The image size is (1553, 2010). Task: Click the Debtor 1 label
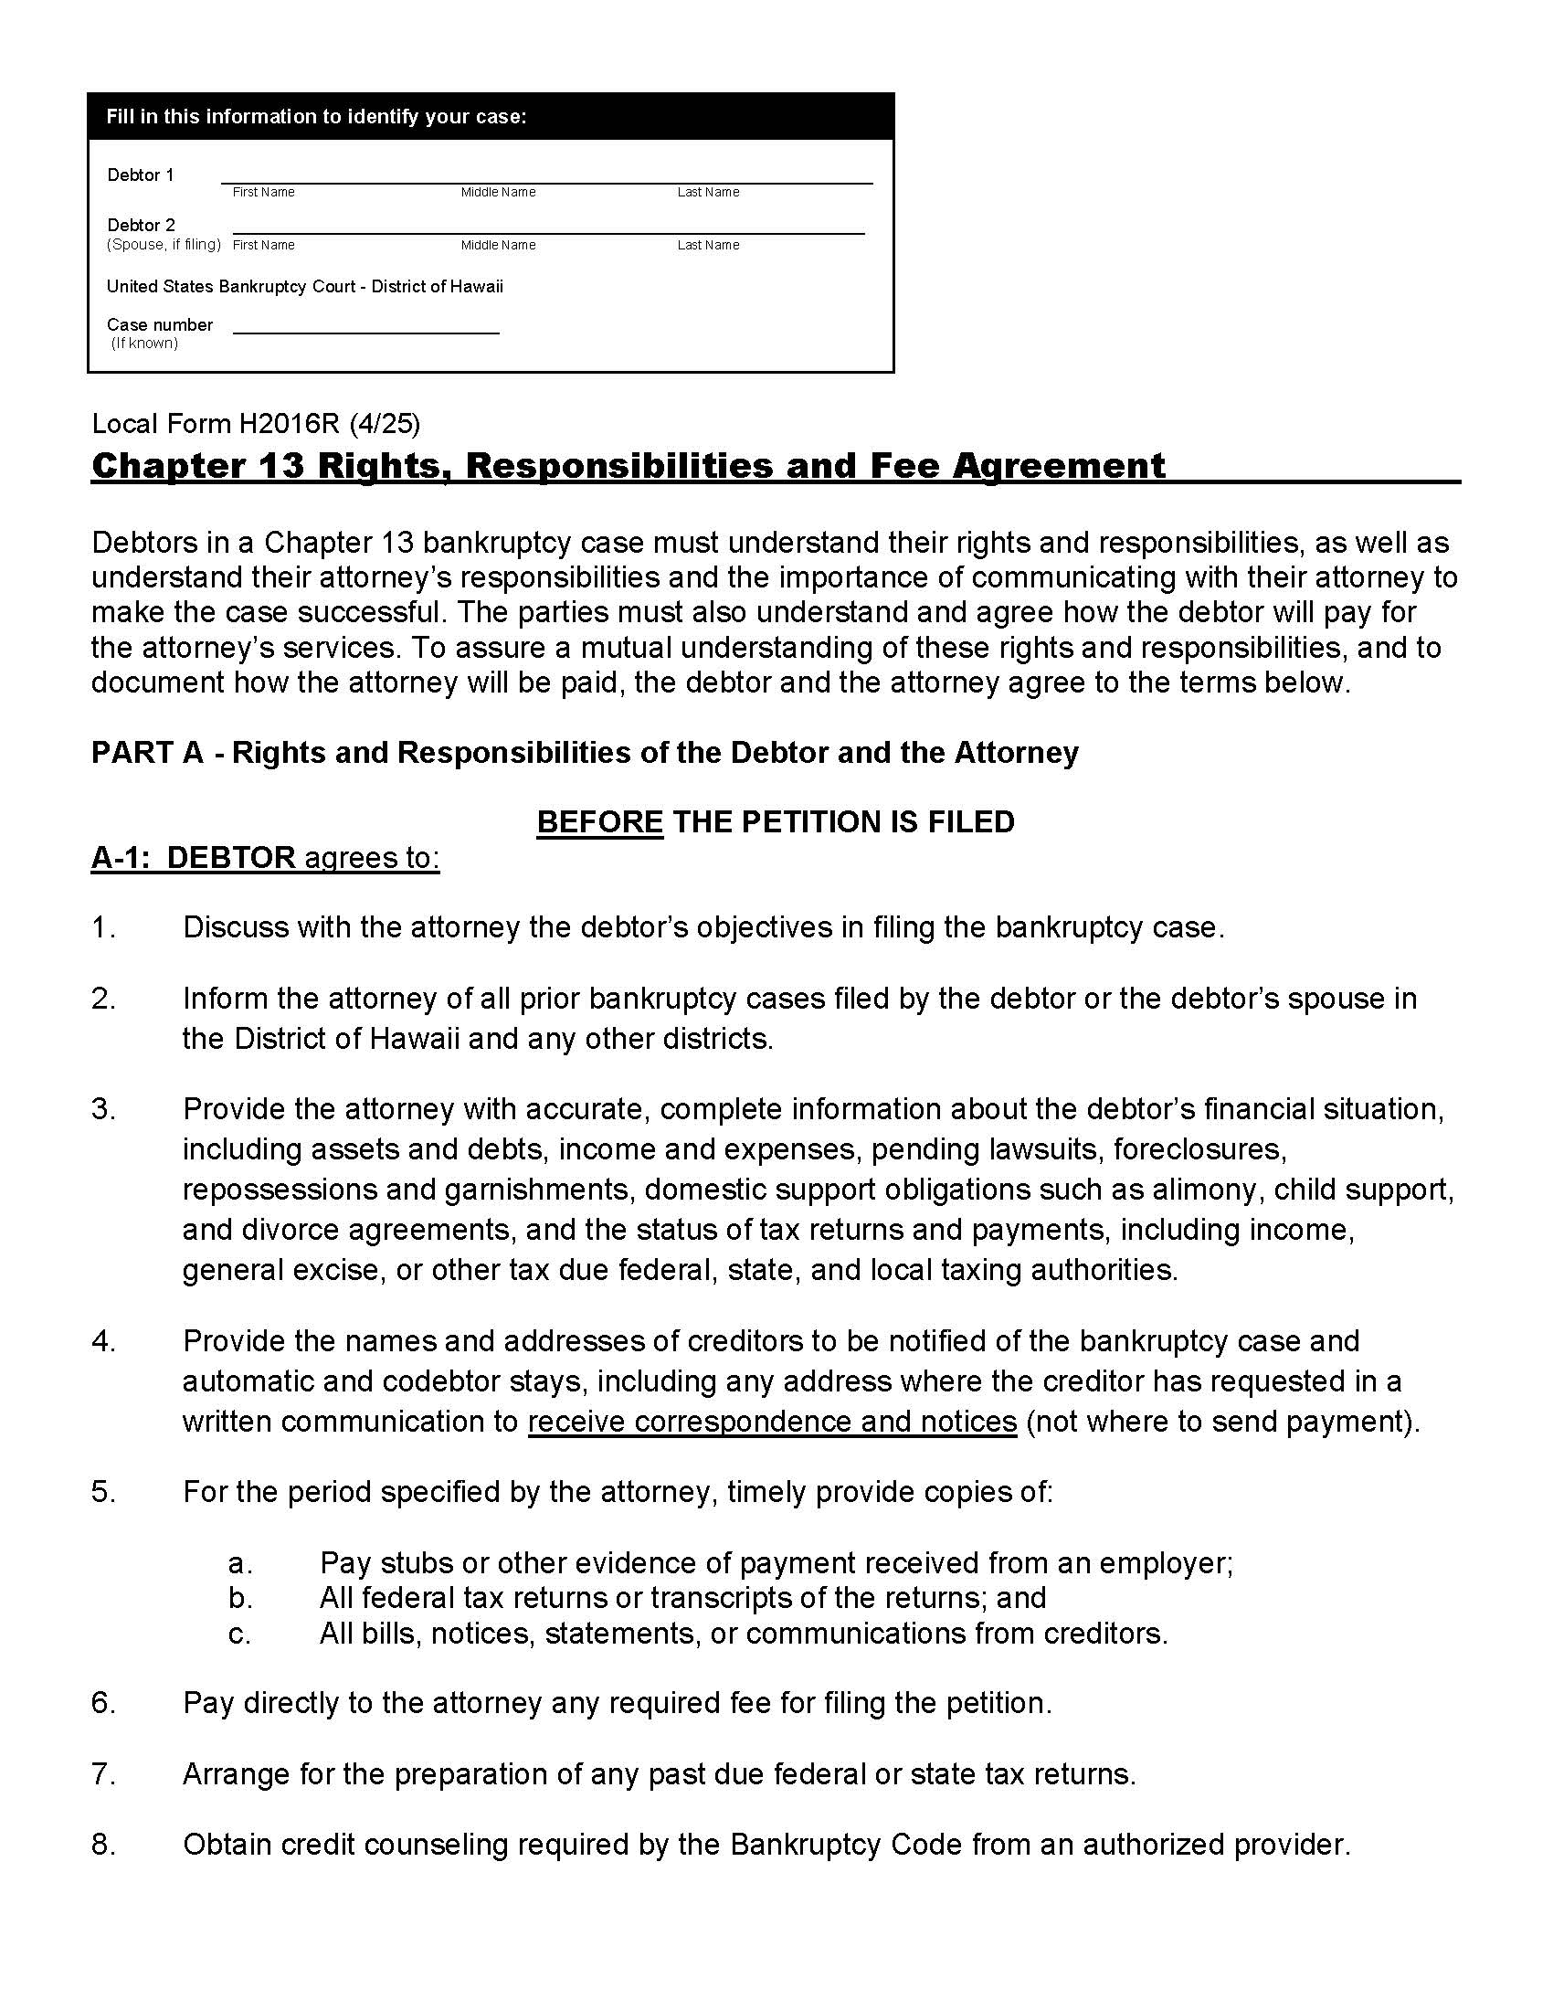[x=140, y=175]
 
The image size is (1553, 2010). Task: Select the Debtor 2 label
[x=141, y=225]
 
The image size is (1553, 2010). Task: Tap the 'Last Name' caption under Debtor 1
[x=707, y=193]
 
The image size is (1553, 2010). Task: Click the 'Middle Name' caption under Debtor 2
[x=498, y=245]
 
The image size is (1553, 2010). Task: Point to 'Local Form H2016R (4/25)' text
[x=256, y=423]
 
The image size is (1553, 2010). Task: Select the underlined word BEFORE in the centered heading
[x=600, y=821]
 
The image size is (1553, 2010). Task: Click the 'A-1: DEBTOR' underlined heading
[x=193, y=857]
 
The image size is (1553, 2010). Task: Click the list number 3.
[x=103, y=1109]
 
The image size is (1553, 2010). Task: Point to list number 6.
[x=103, y=1703]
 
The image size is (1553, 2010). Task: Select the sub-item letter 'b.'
[x=240, y=1597]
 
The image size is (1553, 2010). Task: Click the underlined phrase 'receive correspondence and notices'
[x=772, y=1421]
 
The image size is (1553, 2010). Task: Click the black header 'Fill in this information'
[x=315, y=117]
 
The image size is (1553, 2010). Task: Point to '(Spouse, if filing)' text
[x=164, y=244]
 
